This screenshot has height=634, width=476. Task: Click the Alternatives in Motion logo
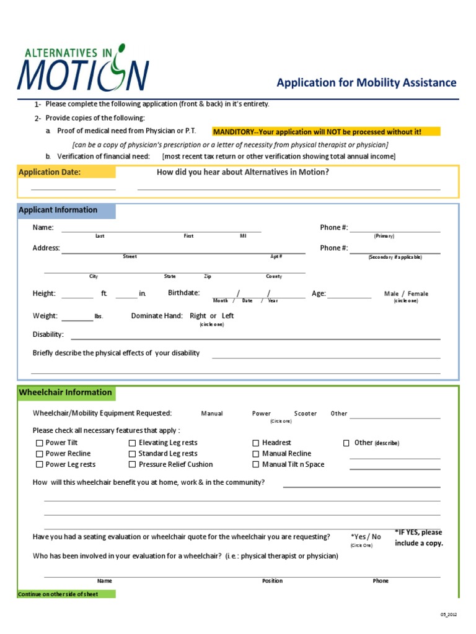pyautogui.click(x=83, y=67)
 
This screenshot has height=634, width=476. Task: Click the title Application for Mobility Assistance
pyautogui.click(x=366, y=83)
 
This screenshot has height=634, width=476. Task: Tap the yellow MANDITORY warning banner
pyautogui.click(x=326, y=132)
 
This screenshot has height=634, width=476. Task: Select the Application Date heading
pyautogui.click(x=50, y=172)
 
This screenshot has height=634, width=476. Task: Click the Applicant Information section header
pyautogui.click(x=58, y=210)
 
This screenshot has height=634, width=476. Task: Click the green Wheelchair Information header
pyautogui.click(x=66, y=393)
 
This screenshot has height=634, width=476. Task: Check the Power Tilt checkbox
pyautogui.click(x=40, y=443)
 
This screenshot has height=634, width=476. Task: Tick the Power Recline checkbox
pyautogui.click(x=40, y=454)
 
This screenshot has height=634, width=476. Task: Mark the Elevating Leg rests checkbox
pyautogui.click(x=133, y=443)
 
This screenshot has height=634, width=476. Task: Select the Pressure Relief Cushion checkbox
pyautogui.click(x=133, y=464)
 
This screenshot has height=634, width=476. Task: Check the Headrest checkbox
pyautogui.click(x=256, y=443)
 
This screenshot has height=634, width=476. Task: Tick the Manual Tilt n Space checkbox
pyautogui.click(x=256, y=464)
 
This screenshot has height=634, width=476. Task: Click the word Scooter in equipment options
pyautogui.click(x=305, y=414)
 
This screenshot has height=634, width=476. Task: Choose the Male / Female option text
pyautogui.click(x=406, y=294)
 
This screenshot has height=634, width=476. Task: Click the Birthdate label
pyautogui.click(x=183, y=293)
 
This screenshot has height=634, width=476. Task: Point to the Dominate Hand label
pyautogui.click(x=157, y=316)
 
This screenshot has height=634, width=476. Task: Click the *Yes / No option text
pyautogui.click(x=366, y=537)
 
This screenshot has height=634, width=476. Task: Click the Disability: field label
pyautogui.click(x=48, y=334)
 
